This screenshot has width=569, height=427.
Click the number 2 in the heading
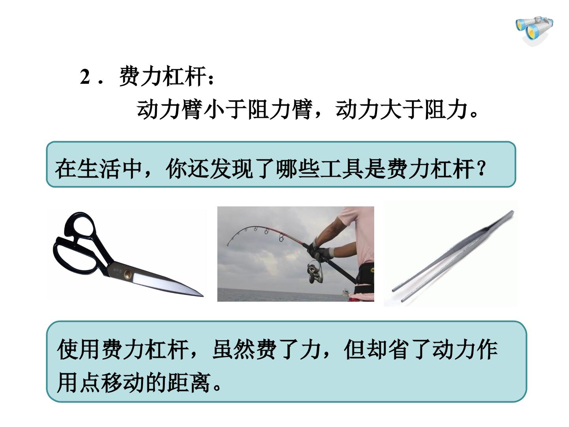tap(85, 77)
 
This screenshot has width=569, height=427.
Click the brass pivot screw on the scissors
tap(128, 273)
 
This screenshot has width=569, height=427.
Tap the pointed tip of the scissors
tap(203, 296)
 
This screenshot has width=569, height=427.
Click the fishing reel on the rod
tap(315, 273)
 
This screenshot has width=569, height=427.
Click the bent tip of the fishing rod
tap(228, 244)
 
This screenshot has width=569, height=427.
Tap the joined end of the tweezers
tap(511, 213)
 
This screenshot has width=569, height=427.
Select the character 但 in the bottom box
tap(354, 349)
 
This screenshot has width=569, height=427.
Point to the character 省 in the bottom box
tap(399, 349)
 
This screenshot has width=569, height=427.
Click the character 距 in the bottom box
tap(178, 383)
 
